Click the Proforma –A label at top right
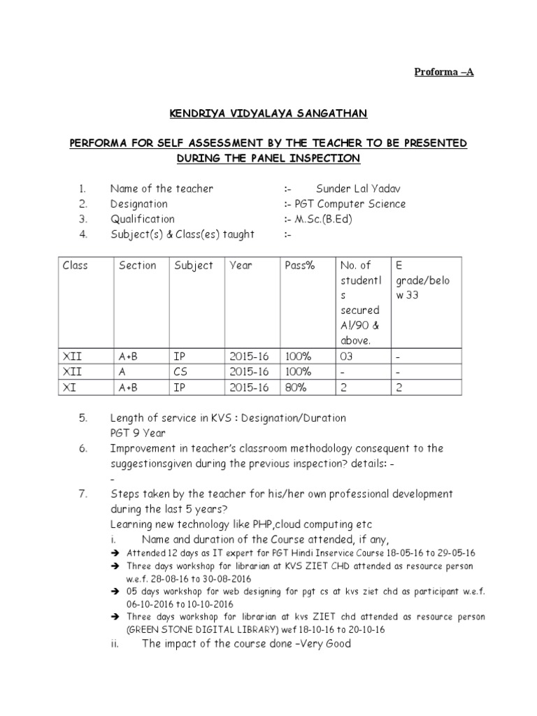[444, 72]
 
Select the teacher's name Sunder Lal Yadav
[359, 189]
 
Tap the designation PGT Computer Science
[345, 204]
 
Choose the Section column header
[138, 266]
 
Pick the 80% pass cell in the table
[296, 387]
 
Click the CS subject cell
[180, 372]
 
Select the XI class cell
[69, 387]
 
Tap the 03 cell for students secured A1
[347, 357]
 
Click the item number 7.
[83, 494]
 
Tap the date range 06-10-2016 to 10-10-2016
[178, 603]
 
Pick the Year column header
[241, 266]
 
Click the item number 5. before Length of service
[83, 418]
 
